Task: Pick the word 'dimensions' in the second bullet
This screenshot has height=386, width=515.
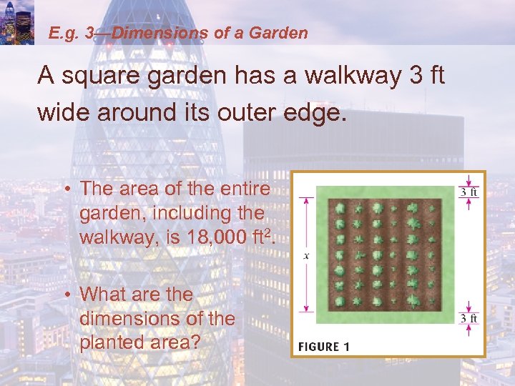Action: pyautogui.click(x=138, y=318)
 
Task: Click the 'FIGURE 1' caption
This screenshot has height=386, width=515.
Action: pyautogui.click(x=323, y=347)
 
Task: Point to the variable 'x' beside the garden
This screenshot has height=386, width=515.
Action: pyautogui.click(x=306, y=255)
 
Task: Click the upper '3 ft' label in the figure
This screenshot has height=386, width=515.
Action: pyautogui.click(x=469, y=192)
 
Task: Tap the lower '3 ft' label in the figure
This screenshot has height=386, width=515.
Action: pyautogui.click(x=469, y=318)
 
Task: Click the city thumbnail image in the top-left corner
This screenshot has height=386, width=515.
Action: pyautogui.click(x=17, y=21)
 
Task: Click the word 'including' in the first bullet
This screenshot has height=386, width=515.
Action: pyautogui.click(x=172, y=213)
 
